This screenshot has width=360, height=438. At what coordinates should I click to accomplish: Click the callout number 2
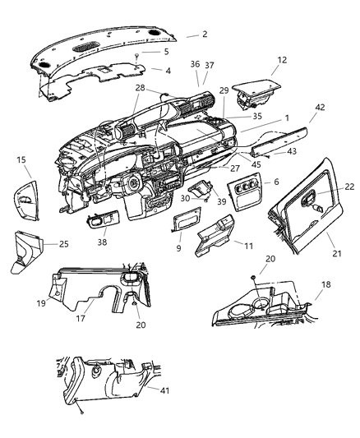(x=205, y=35)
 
